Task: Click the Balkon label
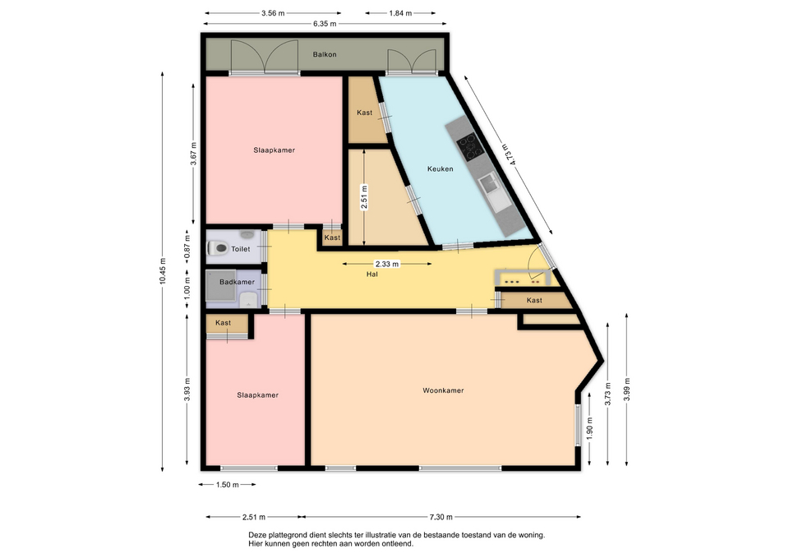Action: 325,54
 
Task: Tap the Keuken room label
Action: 441,169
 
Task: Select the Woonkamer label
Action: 443,390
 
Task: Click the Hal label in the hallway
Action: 372,274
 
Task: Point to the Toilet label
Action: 241,249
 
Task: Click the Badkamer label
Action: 237,282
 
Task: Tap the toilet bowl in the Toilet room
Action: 217,248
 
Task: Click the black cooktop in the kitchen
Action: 470,147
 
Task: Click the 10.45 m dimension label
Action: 163,271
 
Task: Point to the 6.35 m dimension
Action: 325,24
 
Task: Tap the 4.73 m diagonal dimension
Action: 510,154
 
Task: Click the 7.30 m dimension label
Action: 441,517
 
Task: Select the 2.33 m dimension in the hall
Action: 387,264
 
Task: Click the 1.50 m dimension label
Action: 227,485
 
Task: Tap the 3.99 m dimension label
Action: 627,390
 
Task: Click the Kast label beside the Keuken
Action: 364,113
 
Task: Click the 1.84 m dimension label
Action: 400,13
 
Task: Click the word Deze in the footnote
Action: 256,535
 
